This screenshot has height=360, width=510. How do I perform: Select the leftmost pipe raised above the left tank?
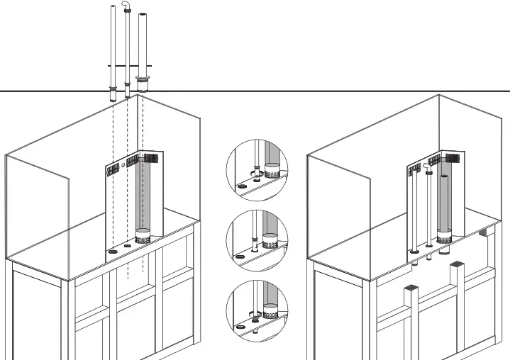pyautogui.click(x=113, y=50)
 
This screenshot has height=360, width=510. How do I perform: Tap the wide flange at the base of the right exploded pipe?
pyautogui.click(x=143, y=80)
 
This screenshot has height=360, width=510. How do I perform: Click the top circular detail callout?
pyautogui.click(x=257, y=170)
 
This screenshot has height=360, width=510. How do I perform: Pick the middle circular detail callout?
pyautogui.click(x=257, y=239)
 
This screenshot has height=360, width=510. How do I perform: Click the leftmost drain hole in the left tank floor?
pyautogui.click(x=112, y=252)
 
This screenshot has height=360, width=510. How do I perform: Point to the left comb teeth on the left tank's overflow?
pyautogui.click(x=112, y=169)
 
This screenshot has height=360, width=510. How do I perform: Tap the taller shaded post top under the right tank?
pyautogui.click(x=456, y=266)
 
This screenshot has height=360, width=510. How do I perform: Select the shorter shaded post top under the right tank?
pyautogui.click(x=410, y=289)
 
